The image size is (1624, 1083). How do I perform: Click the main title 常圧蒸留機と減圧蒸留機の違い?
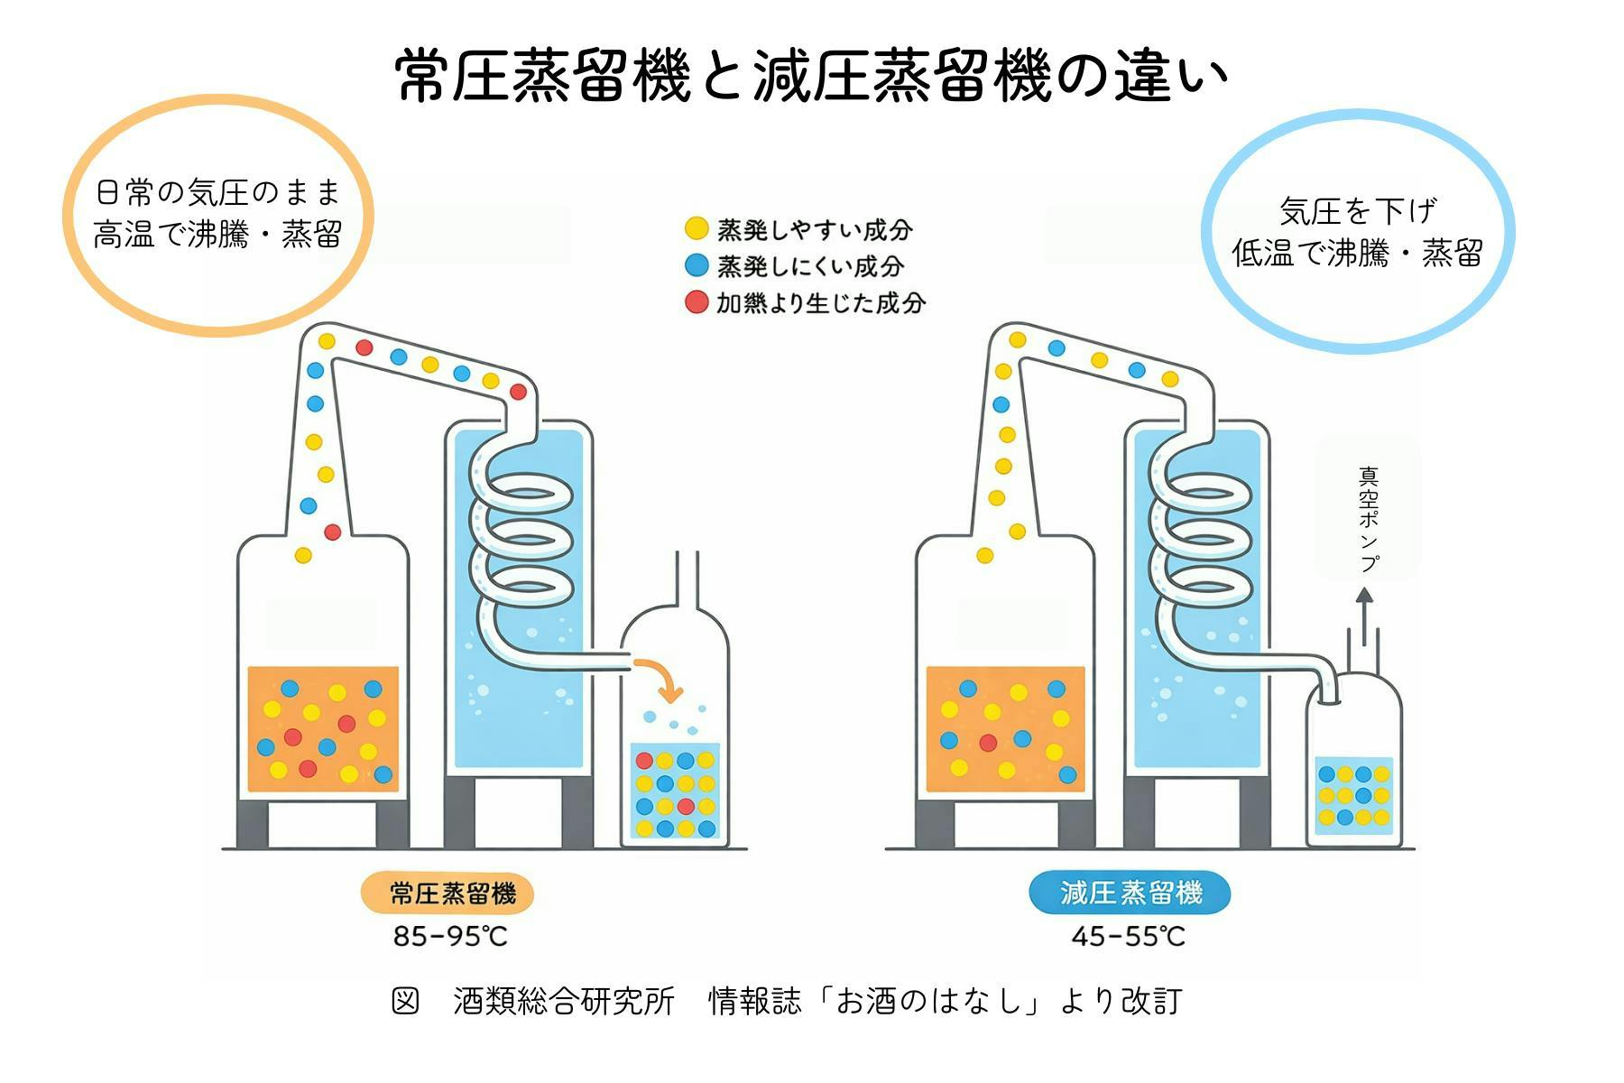coord(812,76)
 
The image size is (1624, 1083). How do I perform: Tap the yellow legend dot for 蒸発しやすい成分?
coord(697,228)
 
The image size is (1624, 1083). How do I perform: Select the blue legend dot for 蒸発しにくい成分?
coord(697,265)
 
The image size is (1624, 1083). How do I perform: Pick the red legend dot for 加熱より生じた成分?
coord(697,302)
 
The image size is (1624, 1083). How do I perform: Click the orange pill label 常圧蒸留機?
coord(448,893)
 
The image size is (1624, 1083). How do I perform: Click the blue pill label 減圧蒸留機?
coord(1130,893)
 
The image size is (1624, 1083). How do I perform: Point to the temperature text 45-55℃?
coord(1128,937)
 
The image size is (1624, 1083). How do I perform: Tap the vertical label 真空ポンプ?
coord(1369,519)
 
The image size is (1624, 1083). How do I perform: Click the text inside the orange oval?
coord(218,214)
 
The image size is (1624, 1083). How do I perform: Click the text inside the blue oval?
coord(1357,232)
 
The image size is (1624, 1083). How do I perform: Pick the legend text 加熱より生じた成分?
coord(821,303)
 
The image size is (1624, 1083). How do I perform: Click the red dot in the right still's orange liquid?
coord(988,743)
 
